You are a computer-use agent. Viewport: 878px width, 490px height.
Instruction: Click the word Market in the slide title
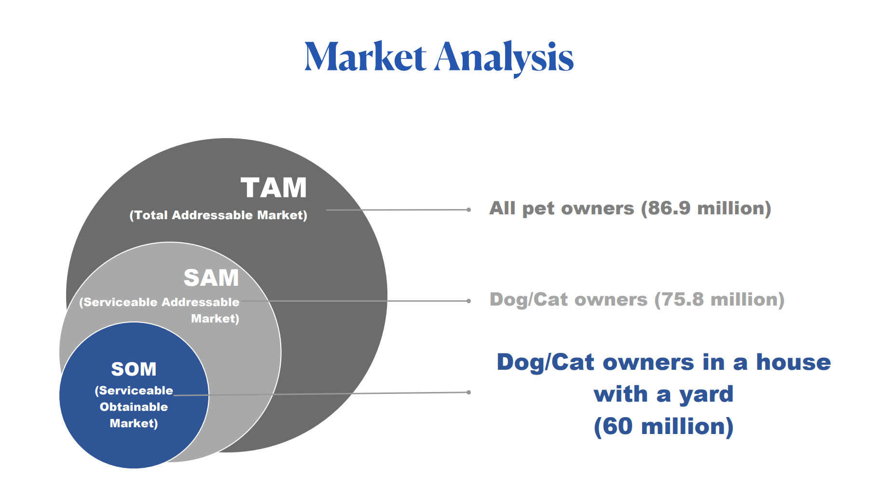click(x=365, y=57)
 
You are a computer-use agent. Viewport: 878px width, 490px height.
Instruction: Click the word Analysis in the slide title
click(x=504, y=58)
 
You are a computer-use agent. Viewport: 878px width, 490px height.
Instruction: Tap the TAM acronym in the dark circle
click(x=274, y=188)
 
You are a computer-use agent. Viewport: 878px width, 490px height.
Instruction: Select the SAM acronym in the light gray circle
click(x=211, y=278)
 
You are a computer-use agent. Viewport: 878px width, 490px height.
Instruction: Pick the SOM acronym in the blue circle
click(x=134, y=369)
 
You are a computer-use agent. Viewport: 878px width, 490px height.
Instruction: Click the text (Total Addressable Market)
click(x=218, y=215)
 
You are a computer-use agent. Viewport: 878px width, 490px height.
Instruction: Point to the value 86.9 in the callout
click(x=669, y=208)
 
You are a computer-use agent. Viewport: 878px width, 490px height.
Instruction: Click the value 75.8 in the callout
click(x=682, y=299)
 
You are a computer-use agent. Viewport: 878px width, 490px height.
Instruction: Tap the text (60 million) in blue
click(x=664, y=427)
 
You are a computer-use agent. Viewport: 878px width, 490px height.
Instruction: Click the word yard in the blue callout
click(x=706, y=395)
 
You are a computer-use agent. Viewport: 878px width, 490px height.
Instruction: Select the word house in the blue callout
click(x=793, y=362)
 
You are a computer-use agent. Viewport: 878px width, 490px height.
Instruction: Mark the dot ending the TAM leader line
click(x=468, y=210)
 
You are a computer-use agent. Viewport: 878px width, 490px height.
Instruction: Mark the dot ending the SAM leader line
click(x=468, y=301)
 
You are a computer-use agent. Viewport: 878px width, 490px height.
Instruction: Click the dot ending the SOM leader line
click(x=468, y=392)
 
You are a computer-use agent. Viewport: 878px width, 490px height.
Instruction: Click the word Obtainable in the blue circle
click(x=134, y=407)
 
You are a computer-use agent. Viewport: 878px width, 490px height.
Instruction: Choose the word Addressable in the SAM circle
click(x=200, y=302)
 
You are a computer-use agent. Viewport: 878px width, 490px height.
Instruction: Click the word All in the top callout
click(x=503, y=208)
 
